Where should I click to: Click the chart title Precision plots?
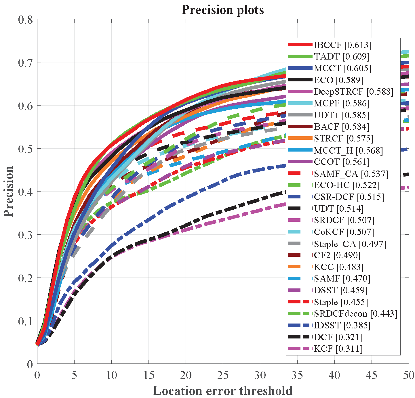[x=223, y=10]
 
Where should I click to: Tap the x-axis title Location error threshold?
[x=223, y=391]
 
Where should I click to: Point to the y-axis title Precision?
[x=9, y=191]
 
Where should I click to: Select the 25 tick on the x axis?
[x=223, y=375]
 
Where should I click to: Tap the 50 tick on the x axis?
[x=408, y=375]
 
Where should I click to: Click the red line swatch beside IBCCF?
[x=300, y=45]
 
